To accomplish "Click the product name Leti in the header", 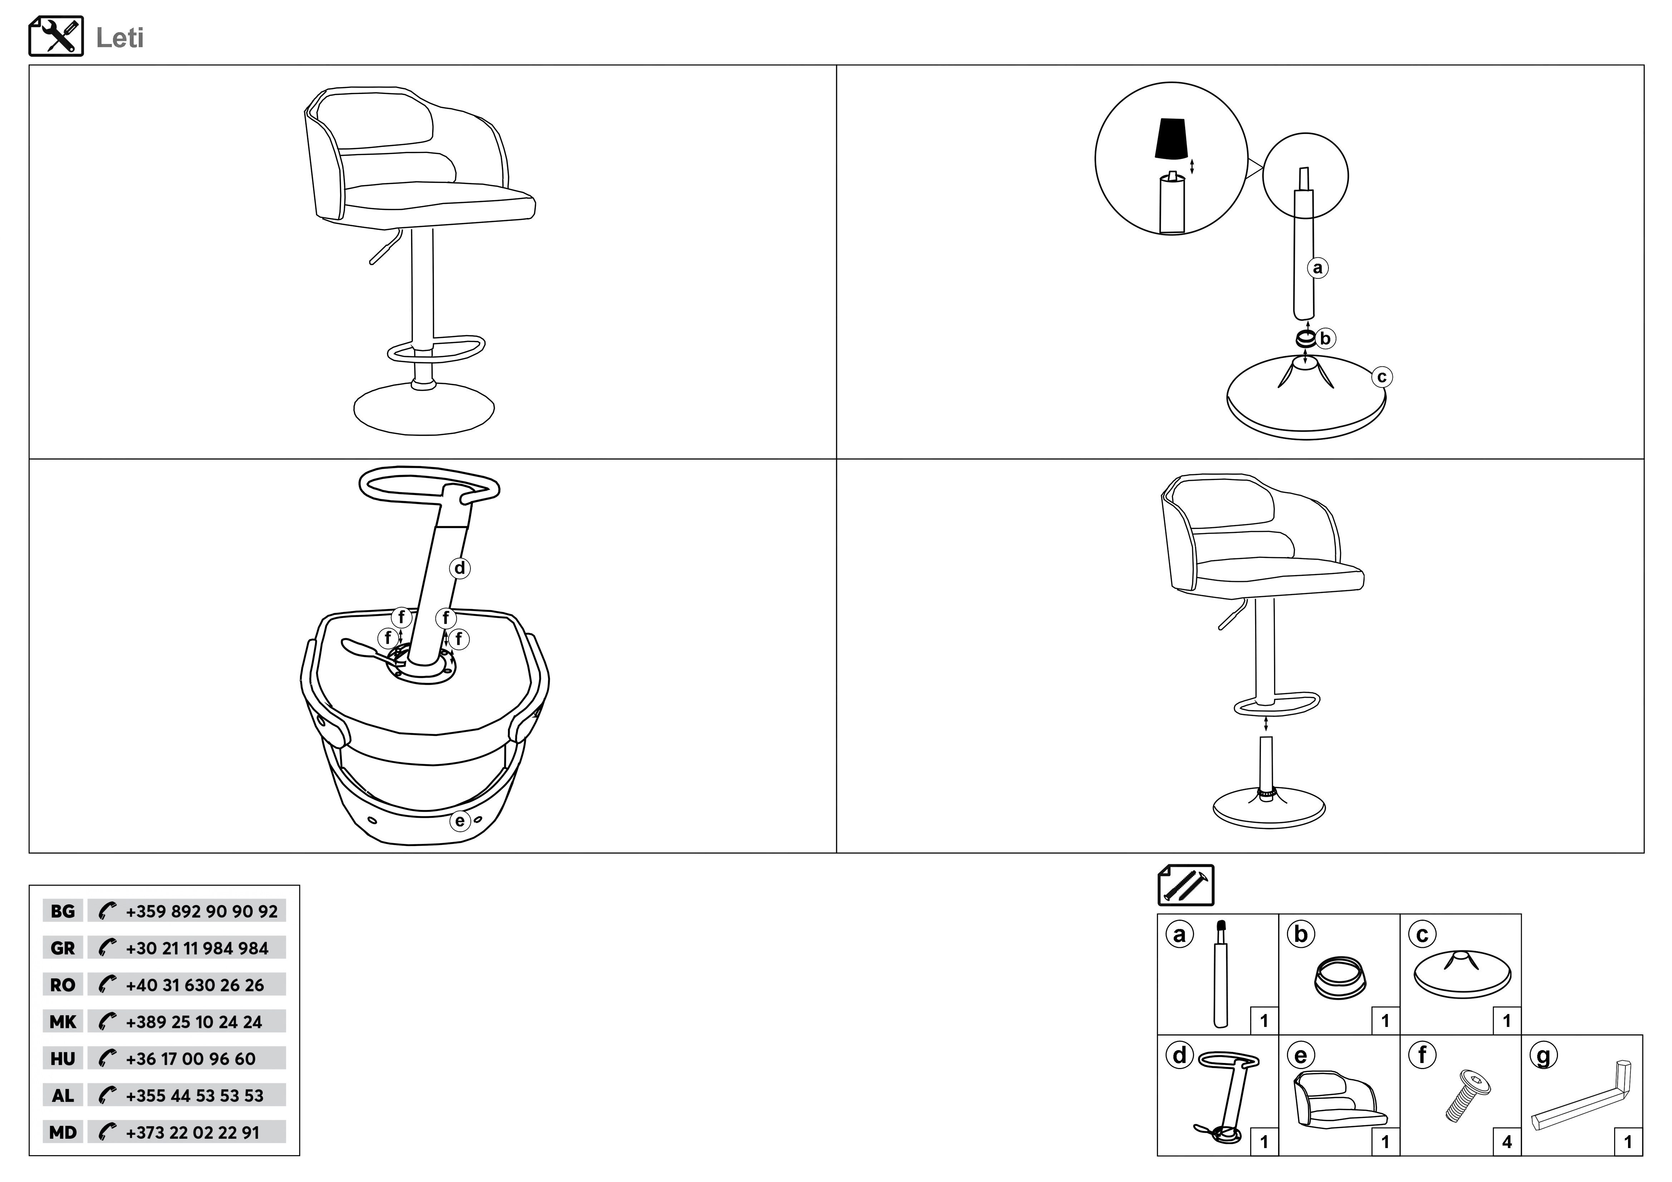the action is (120, 38).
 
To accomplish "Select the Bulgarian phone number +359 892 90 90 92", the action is (202, 911).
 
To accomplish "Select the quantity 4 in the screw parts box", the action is (1507, 1142).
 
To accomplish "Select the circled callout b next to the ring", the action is (1325, 338).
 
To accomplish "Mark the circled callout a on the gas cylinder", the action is (1317, 268).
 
